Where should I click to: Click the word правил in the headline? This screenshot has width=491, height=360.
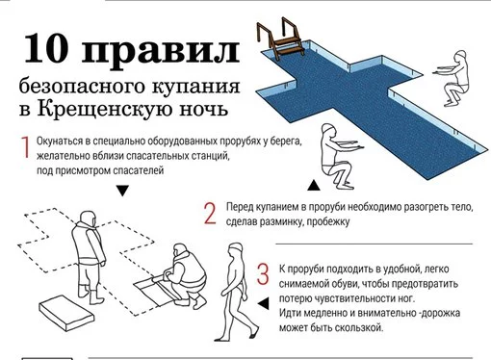click(161, 51)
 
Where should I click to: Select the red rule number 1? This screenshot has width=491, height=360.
click(25, 147)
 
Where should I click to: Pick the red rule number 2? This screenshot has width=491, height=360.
click(210, 213)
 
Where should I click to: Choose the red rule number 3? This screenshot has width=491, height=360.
click(263, 273)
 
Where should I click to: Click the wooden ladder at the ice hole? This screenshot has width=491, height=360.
click(280, 39)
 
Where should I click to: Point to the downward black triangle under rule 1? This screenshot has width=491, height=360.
click(122, 191)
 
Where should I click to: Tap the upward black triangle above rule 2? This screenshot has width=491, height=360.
click(314, 185)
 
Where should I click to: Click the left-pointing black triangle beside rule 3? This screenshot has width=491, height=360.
click(264, 303)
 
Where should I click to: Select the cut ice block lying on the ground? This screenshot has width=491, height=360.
click(66, 313)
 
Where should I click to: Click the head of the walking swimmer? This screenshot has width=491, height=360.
click(236, 250)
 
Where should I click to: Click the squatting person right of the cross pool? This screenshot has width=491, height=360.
click(452, 78)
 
